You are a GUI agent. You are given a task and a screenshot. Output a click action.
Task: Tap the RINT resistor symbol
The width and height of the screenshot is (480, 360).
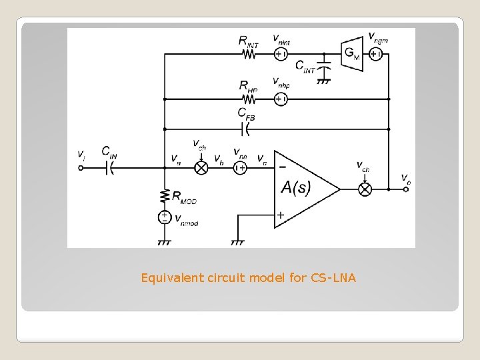[249, 54]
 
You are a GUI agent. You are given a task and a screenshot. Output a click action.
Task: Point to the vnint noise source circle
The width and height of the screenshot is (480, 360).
[281, 54]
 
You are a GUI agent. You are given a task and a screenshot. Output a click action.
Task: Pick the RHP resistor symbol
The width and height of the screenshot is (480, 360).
[249, 99]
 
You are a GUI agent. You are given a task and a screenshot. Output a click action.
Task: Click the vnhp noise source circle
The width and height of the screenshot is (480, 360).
[281, 99]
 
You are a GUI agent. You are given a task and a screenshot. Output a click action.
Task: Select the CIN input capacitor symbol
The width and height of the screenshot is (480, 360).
[110, 169]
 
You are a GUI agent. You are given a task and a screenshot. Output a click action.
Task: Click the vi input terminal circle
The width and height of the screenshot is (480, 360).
[81, 169]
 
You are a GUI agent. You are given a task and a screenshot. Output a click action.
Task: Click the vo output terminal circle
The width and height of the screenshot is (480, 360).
[406, 189]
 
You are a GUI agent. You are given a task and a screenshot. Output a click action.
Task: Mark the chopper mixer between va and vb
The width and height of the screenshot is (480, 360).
[201, 169]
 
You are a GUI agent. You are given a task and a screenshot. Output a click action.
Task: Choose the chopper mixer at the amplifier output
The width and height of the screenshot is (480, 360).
[365, 189]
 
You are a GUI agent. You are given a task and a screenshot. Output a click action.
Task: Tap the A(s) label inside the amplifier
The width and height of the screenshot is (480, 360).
[295, 188]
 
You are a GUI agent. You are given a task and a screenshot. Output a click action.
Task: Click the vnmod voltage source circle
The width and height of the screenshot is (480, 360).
[165, 217]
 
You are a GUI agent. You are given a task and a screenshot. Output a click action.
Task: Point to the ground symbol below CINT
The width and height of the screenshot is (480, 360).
[324, 81]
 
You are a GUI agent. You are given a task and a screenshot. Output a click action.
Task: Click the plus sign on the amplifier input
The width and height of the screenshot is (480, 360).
[281, 215]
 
